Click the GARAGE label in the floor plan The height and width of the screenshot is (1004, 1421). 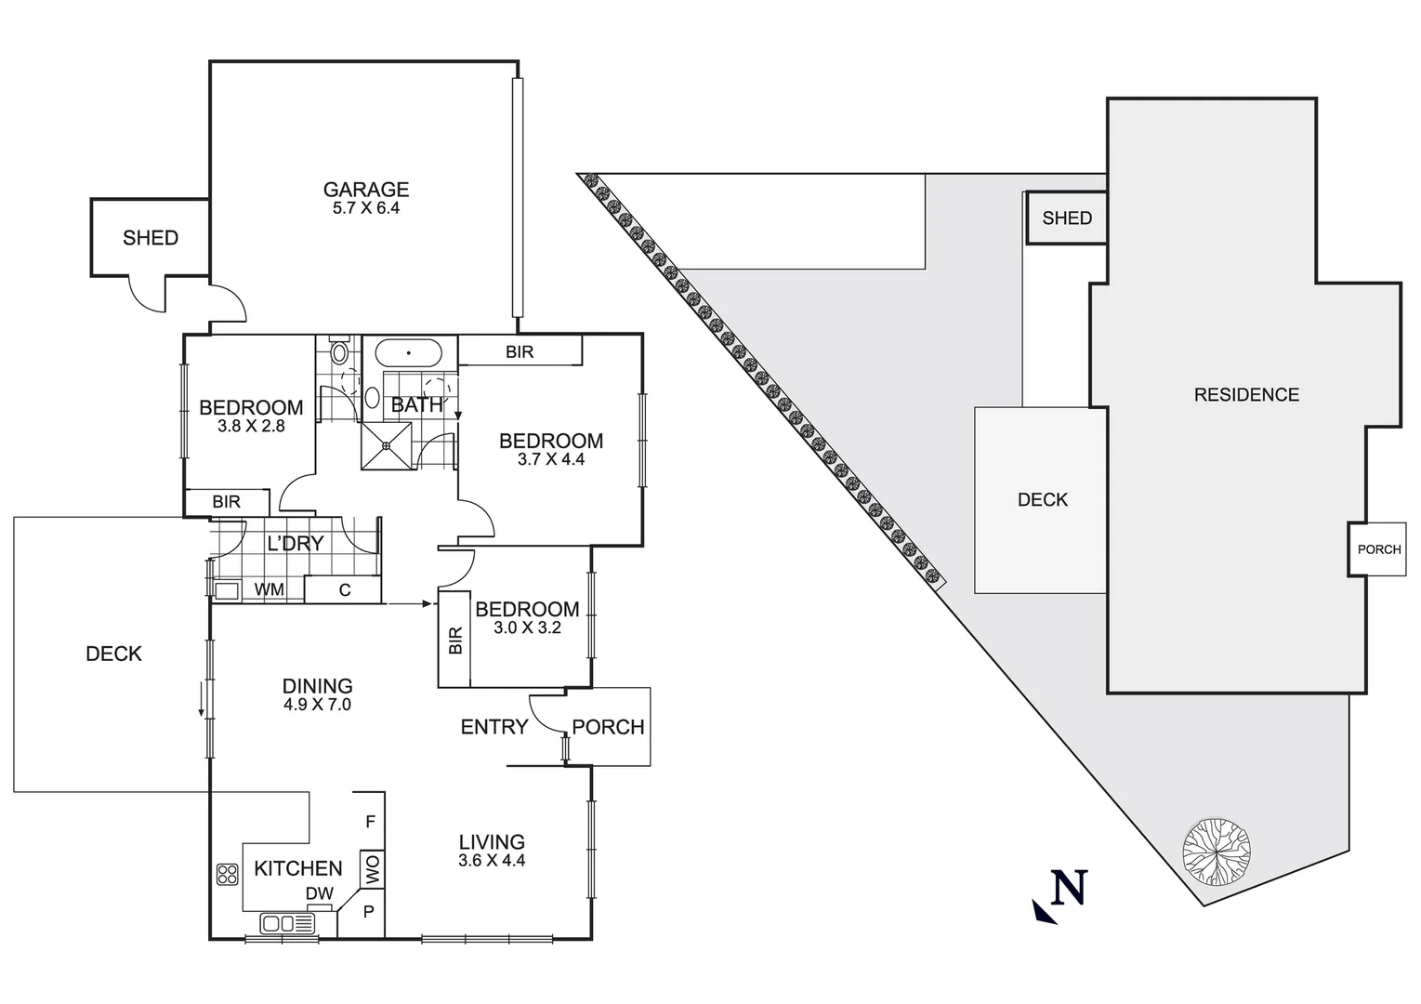(365, 189)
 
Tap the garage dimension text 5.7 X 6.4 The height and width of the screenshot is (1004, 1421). (365, 208)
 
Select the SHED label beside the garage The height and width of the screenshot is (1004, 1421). (150, 238)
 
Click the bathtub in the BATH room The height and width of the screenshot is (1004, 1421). (408, 354)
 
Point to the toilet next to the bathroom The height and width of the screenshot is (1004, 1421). (339, 352)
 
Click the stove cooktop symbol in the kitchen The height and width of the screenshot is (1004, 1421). (227, 874)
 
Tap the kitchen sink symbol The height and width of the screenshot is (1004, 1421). (287, 923)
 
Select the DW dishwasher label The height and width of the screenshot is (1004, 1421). (319, 893)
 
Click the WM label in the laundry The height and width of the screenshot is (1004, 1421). (270, 589)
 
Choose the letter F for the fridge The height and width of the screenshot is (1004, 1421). (370, 822)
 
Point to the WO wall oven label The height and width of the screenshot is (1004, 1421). (373, 871)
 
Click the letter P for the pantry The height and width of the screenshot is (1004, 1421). (369, 912)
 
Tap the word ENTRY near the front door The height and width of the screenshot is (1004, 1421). (493, 727)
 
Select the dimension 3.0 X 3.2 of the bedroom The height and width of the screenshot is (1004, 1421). (527, 627)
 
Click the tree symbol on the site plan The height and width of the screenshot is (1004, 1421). (1216, 850)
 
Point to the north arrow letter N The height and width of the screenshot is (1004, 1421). (1068, 889)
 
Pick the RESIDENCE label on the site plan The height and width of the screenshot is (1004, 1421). (1245, 395)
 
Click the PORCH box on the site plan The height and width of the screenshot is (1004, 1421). (1377, 549)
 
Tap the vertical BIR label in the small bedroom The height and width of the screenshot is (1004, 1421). (455, 640)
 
